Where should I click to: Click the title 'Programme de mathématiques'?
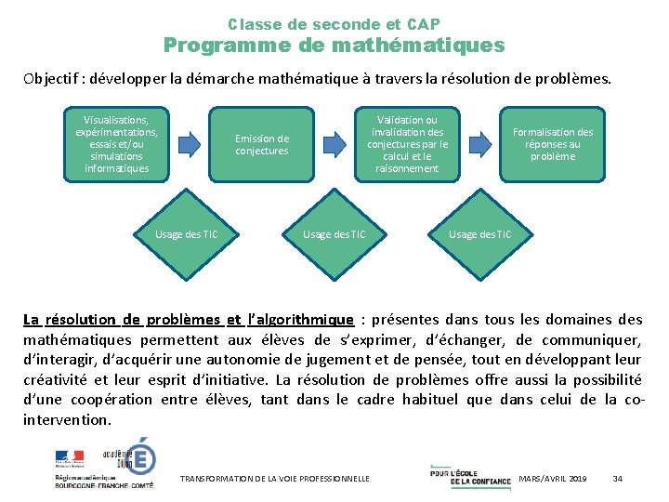tap(334, 46)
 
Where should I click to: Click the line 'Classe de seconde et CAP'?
tap(334, 24)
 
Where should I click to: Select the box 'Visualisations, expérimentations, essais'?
tap(116, 144)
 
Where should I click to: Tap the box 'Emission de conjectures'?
tap(261, 145)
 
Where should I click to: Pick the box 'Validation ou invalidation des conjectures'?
tap(407, 144)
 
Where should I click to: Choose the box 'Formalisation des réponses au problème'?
tap(552, 144)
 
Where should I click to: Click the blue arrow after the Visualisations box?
tap(190, 143)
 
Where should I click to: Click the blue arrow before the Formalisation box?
tap(480, 143)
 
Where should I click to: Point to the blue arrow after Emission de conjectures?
tap(334, 143)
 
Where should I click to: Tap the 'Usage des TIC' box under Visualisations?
tap(186, 234)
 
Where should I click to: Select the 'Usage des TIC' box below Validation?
tap(334, 234)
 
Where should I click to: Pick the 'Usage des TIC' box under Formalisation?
tap(479, 234)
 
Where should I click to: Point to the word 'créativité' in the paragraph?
tap(55, 379)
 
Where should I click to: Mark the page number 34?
tap(618, 478)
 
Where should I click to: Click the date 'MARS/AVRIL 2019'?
tap(552, 478)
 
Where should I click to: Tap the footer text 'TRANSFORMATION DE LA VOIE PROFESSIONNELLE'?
tap(275, 478)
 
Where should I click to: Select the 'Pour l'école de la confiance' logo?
tap(469, 474)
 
